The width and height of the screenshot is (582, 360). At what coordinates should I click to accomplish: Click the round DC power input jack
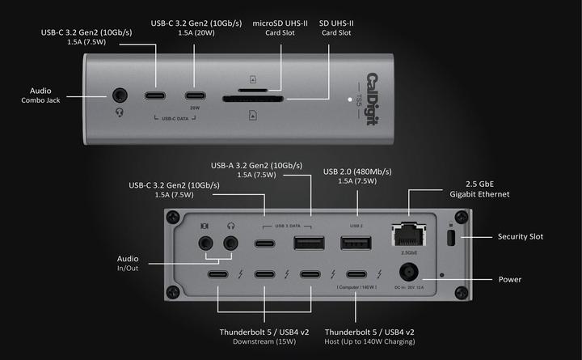(406, 272)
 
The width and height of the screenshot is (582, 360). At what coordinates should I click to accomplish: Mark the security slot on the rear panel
(451, 238)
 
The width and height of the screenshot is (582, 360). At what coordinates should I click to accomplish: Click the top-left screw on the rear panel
(172, 217)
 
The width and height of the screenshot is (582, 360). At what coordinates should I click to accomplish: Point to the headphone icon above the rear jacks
(231, 224)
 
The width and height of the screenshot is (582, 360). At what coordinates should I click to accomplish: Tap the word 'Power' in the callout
(509, 279)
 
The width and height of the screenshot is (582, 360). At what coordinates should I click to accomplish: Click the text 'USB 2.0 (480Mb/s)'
(357, 171)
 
